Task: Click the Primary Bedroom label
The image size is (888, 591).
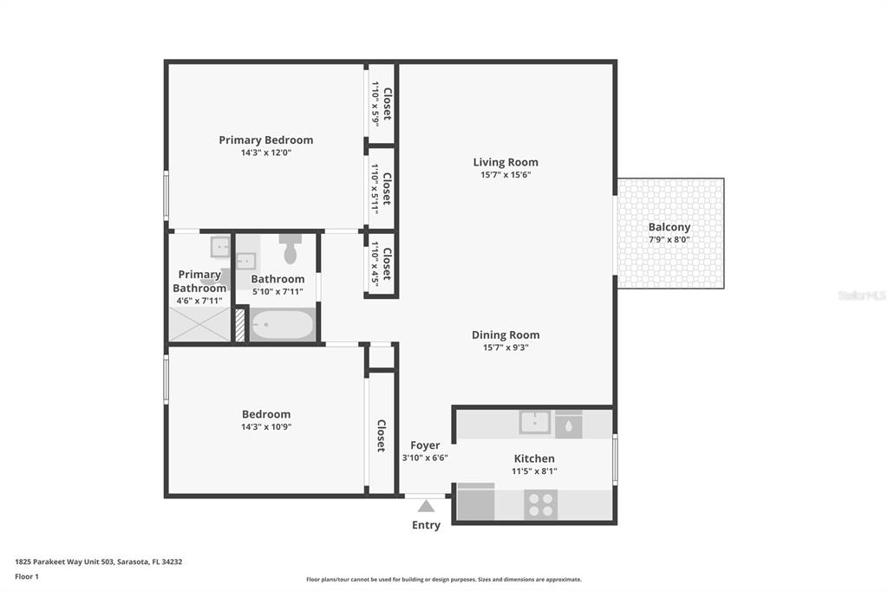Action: (x=265, y=140)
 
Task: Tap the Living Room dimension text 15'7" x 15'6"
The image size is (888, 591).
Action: (x=506, y=175)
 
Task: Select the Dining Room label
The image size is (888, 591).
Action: (x=506, y=335)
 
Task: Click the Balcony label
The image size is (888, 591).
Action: (x=669, y=227)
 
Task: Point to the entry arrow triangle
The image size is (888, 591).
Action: (x=426, y=506)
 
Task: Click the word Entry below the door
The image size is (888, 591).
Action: (x=426, y=525)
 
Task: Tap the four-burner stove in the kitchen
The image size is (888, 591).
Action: (x=540, y=505)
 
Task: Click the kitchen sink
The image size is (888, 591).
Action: (x=534, y=422)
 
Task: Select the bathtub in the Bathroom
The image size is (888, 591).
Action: (x=282, y=325)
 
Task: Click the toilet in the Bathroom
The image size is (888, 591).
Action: (x=290, y=249)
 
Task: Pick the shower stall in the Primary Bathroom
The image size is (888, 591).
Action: (x=199, y=324)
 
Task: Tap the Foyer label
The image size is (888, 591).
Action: (x=425, y=445)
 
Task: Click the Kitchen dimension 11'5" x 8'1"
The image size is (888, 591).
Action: (x=534, y=471)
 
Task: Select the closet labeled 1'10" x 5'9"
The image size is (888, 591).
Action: (x=382, y=104)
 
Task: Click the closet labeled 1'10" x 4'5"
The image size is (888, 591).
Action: (x=382, y=263)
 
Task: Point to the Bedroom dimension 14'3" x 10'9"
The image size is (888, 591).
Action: (x=266, y=427)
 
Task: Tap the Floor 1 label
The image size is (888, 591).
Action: (x=27, y=577)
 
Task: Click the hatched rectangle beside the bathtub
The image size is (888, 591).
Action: (x=240, y=325)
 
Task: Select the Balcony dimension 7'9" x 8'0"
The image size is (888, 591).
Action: (x=669, y=239)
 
